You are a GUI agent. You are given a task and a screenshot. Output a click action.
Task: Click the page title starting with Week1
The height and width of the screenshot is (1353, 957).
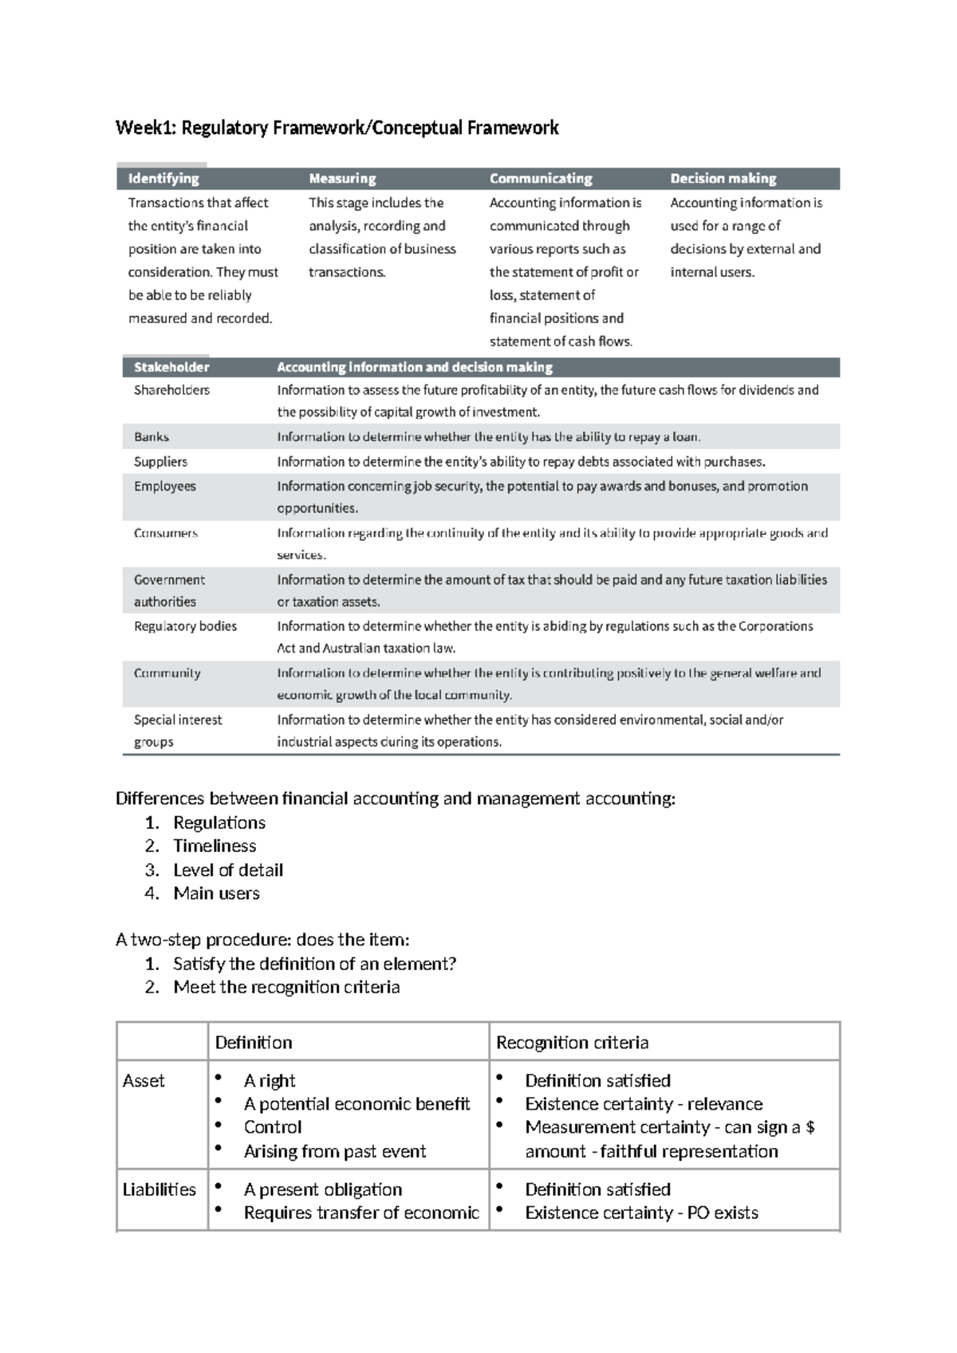point(337,128)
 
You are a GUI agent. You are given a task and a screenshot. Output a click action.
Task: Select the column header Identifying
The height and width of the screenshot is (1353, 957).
point(163,179)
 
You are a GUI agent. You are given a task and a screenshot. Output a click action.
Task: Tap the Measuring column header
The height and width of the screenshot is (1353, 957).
point(342,179)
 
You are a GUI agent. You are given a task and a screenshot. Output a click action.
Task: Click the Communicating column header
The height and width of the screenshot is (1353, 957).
point(540,179)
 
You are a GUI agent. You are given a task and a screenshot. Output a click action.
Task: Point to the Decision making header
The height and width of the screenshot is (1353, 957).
point(723,179)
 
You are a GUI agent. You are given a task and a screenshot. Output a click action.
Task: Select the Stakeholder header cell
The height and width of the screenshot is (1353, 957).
point(171,367)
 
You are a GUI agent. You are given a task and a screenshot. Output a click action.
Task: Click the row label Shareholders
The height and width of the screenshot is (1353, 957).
point(171,390)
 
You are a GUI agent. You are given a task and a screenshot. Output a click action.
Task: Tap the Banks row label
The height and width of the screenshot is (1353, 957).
point(152,437)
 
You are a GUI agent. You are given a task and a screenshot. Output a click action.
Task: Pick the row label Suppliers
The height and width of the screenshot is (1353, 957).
point(160,462)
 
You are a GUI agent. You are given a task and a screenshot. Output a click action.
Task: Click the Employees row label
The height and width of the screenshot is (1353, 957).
point(164,487)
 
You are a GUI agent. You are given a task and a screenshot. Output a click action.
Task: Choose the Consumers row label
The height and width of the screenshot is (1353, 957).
point(165,533)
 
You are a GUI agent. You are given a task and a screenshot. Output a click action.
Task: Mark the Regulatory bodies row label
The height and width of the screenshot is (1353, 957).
point(185,626)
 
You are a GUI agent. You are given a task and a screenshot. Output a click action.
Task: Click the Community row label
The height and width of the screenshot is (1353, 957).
point(167,673)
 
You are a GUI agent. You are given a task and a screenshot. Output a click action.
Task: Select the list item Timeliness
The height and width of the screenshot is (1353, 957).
point(215,846)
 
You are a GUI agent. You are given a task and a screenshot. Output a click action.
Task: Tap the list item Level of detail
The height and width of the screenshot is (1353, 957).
point(228,870)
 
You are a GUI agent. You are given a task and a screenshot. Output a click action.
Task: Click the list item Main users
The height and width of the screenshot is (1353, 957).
point(216,893)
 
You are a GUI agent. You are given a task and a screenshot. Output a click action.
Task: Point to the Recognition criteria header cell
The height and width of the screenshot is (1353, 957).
point(572,1043)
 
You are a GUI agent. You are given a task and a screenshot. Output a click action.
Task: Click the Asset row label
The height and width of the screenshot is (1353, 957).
point(144,1081)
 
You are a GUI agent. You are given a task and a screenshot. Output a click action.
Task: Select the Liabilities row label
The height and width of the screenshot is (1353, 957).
point(159,1189)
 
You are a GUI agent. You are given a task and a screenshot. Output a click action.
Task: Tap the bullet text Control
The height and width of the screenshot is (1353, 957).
point(273,1127)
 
